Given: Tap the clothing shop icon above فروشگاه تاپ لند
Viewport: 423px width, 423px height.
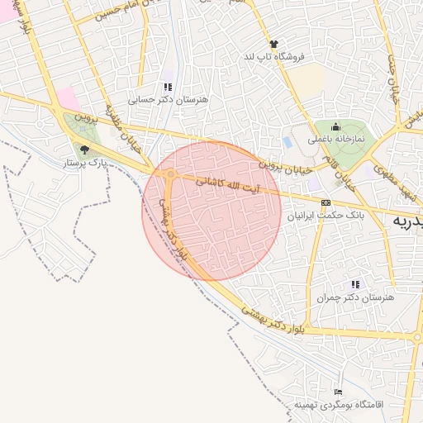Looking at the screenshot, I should click(273, 43).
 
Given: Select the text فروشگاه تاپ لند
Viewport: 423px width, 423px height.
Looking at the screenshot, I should click(273, 56).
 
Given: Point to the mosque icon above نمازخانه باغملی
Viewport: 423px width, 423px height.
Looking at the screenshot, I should click(336, 127).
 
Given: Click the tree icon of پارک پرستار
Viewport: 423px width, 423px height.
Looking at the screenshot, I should click(84, 150).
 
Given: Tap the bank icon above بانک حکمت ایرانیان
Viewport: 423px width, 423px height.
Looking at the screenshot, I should click(326, 202).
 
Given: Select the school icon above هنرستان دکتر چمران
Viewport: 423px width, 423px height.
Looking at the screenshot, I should click(356, 284).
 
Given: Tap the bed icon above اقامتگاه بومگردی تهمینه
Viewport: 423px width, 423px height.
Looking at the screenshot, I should click(337, 392).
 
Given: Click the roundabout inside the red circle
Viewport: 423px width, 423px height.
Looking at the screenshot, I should click(171, 174).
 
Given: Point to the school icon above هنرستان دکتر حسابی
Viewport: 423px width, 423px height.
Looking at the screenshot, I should click(168, 86).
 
